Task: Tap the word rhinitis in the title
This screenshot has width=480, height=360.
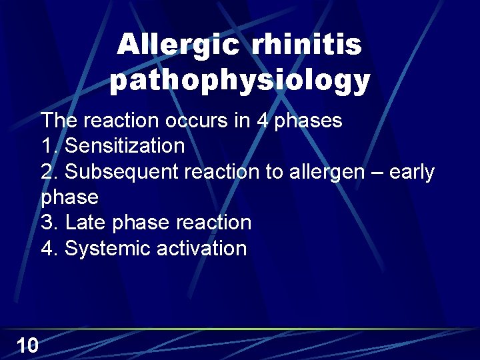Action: point(307,46)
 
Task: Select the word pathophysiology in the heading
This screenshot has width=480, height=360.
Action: point(240,81)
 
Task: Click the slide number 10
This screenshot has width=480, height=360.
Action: point(27,345)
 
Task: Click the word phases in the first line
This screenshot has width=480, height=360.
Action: point(309,121)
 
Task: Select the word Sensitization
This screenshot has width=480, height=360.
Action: point(125,145)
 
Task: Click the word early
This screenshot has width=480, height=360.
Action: point(411,172)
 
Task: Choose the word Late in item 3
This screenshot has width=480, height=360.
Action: point(86,223)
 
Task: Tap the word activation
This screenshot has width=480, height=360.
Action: point(201,249)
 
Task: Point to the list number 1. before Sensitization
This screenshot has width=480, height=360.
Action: point(50,145)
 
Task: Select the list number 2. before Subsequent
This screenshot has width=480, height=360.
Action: point(50,172)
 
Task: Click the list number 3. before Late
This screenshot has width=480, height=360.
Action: point(50,223)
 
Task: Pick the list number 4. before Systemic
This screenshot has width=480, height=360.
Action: point(50,249)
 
